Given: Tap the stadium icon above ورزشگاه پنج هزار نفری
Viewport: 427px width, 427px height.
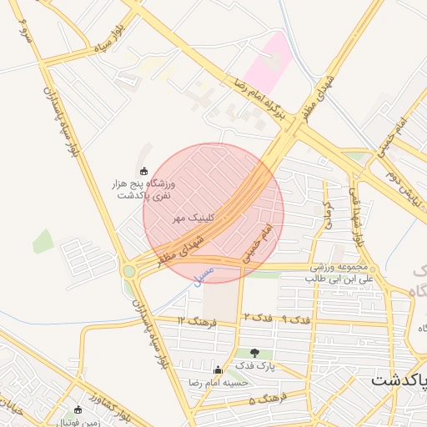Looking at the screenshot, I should [143, 171].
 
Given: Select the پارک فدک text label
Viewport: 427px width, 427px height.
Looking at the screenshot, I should [254, 366].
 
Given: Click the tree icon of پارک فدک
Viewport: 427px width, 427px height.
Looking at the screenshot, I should [254, 354].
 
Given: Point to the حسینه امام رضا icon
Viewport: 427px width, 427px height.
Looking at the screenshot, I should [219, 370].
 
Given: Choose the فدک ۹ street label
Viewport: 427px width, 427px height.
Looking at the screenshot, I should [296, 319].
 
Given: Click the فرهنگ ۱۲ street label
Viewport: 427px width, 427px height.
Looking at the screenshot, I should [197, 321].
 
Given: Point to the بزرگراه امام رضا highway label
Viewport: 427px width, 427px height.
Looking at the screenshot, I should [254, 102].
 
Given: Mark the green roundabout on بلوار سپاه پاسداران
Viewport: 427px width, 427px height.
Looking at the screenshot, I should [128, 271].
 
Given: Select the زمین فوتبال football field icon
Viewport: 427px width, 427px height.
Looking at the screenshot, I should [78, 410].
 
